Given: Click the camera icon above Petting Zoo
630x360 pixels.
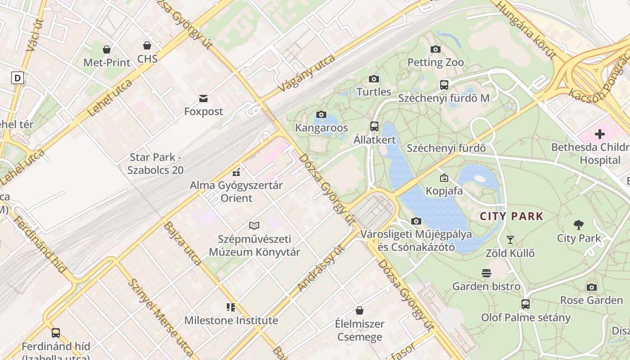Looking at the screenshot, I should click(435, 49).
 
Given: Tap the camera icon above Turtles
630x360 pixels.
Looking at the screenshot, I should click(373, 79).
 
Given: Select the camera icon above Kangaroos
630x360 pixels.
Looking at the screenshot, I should click(321, 115).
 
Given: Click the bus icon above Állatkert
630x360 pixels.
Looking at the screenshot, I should click(374, 126).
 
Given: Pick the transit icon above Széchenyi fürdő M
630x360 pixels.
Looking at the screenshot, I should click(444, 85).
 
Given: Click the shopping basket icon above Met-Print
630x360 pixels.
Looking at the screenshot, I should click(107, 49).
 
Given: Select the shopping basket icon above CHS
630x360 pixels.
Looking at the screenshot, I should click(147, 45).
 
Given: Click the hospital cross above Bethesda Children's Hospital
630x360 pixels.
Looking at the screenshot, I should click(599, 134).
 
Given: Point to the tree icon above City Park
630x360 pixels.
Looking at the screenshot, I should click(579, 225).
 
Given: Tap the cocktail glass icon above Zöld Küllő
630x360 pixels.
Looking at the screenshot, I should click(510, 240).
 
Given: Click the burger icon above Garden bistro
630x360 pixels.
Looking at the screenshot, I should click(486, 273).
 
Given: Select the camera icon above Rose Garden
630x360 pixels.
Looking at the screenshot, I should click(592, 287).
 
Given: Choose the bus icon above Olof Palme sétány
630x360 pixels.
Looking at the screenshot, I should click(526, 304).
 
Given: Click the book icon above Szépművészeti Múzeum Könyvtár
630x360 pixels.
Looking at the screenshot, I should click(254, 226).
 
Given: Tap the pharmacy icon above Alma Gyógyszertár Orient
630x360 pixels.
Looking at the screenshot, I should click(236, 172).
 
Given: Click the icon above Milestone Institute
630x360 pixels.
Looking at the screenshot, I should click(231, 307).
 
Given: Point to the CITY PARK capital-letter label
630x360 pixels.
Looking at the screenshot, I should click(512, 216).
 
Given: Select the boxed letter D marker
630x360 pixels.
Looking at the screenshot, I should click(18, 78).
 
